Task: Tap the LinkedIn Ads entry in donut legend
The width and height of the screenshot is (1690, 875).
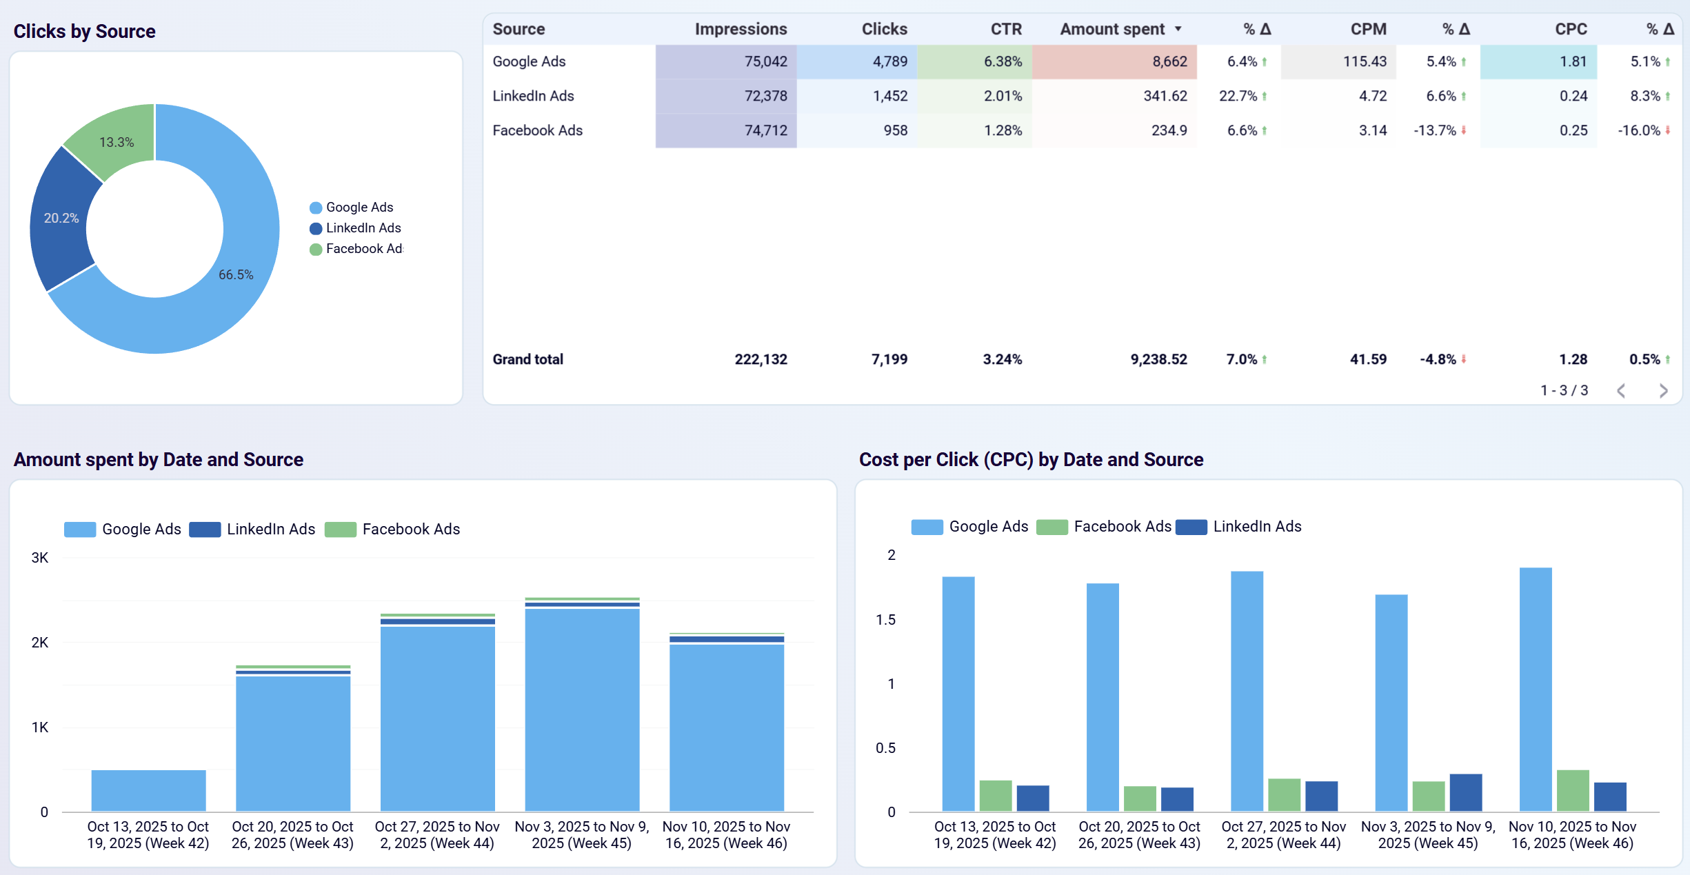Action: click(363, 228)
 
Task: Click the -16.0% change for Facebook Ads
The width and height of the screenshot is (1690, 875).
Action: click(1638, 130)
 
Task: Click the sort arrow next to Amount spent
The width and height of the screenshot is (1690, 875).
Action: click(1178, 29)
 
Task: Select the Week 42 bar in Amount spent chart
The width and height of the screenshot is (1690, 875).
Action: click(148, 790)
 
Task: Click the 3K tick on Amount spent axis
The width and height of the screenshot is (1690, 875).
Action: click(40, 558)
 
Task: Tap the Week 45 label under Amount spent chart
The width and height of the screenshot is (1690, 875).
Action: click(581, 835)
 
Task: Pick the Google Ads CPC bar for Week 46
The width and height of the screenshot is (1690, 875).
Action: click(1535, 690)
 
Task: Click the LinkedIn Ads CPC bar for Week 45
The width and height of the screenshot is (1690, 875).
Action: click(1465, 792)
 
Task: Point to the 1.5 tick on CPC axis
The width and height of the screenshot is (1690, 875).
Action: click(885, 620)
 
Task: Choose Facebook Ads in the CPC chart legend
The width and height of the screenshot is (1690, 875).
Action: click(1122, 527)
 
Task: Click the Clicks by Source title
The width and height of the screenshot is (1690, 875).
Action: click(84, 32)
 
